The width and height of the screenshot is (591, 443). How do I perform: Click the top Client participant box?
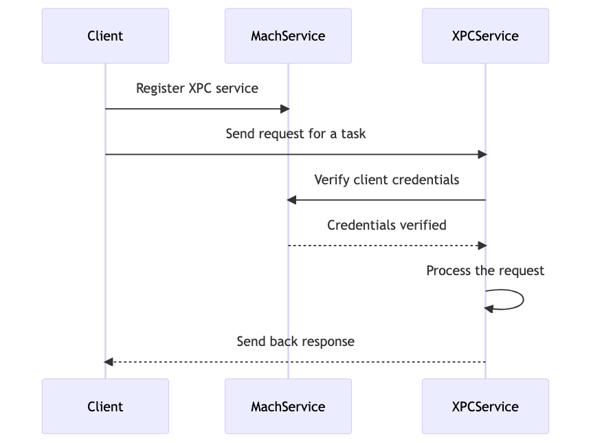[x=105, y=36]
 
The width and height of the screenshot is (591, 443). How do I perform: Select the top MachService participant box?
[x=289, y=36]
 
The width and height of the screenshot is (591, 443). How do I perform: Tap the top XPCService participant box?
[x=485, y=36]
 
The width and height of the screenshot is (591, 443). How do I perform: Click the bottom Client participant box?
[x=105, y=407]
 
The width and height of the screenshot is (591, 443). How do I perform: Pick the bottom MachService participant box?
[x=289, y=407]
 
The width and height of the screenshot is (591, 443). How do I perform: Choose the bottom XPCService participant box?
[x=485, y=407]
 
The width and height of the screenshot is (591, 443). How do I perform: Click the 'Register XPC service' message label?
[x=197, y=88]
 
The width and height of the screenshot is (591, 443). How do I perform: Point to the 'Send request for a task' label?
[x=295, y=133]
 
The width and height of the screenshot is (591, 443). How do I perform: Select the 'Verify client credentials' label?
[x=387, y=180]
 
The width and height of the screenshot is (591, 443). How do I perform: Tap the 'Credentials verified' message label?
[x=387, y=225]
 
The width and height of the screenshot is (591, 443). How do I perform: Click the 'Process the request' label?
[x=485, y=270]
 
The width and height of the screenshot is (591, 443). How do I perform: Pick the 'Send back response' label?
[x=295, y=341]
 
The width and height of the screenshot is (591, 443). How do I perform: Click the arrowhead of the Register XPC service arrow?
[x=285, y=109]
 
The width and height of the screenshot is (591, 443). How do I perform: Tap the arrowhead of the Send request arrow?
[x=482, y=154]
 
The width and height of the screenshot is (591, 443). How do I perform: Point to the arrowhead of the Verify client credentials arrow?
[x=291, y=200]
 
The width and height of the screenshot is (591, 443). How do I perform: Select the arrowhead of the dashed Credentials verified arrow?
[x=482, y=246]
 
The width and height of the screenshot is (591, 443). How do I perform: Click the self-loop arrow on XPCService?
[x=524, y=300]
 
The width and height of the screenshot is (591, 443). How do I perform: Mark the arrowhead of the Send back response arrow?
[x=109, y=362]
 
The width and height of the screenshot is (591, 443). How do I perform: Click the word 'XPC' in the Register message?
[x=200, y=88]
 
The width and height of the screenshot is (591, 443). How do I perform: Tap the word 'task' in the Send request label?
[x=353, y=133]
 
